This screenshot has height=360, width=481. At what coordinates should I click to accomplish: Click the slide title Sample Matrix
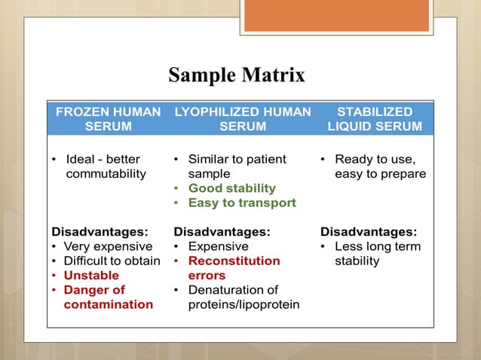click(x=237, y=76)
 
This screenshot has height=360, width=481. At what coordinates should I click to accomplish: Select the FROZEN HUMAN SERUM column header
click(x=108, y=119)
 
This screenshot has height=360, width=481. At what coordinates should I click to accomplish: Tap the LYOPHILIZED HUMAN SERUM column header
click(x=242, y=119)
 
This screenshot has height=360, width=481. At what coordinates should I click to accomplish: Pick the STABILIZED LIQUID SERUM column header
click(x=375, y=119)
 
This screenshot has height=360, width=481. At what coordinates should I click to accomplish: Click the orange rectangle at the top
click(x=336, y=16)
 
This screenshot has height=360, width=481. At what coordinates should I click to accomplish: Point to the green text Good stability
click(x=231, y=188)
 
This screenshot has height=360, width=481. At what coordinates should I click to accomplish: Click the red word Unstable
click(x=90, y=276)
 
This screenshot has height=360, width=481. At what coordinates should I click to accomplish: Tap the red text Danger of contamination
click(x=101, y=297)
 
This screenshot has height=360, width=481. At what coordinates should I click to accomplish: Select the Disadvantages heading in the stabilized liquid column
click(x=369, y=232)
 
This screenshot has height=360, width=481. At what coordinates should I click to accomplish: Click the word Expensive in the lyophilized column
click(x=218, y=246)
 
